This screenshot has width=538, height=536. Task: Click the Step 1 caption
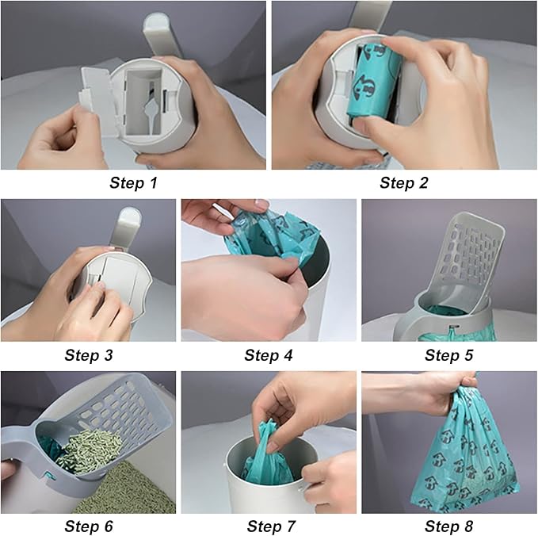132,184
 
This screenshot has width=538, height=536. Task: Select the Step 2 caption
403,184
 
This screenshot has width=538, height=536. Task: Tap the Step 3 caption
88,355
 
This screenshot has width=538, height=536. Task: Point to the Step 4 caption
268,355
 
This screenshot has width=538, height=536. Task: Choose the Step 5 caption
448,355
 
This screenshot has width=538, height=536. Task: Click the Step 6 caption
88,526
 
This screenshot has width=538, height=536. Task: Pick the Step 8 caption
448,526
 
